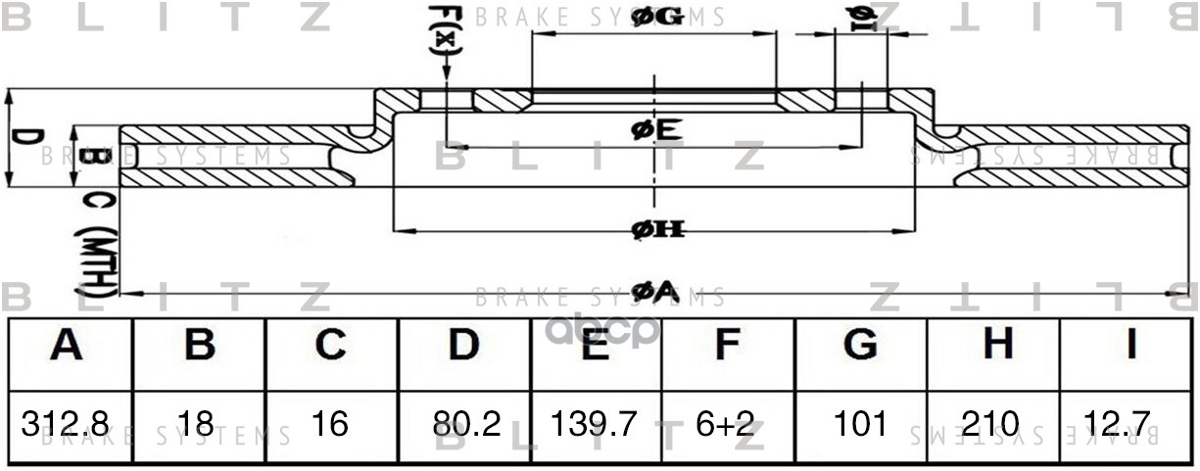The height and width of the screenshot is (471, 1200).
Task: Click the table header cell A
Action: pos(66,345)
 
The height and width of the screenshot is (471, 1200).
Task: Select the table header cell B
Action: pos(200,345)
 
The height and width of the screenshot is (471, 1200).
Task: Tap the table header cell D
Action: pos(463,345)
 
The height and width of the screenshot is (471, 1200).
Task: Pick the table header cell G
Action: pos(860,345)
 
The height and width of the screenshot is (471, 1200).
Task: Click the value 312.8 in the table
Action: pos(65,424)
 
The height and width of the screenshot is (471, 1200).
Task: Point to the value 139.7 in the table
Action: pos(595,424)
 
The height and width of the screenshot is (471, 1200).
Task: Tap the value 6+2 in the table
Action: pos(726,424)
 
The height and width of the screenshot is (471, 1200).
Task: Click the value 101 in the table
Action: pos(861,424)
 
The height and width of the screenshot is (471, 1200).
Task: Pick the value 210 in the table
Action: pos(991,424)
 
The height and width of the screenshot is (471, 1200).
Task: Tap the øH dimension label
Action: pos(656,229)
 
